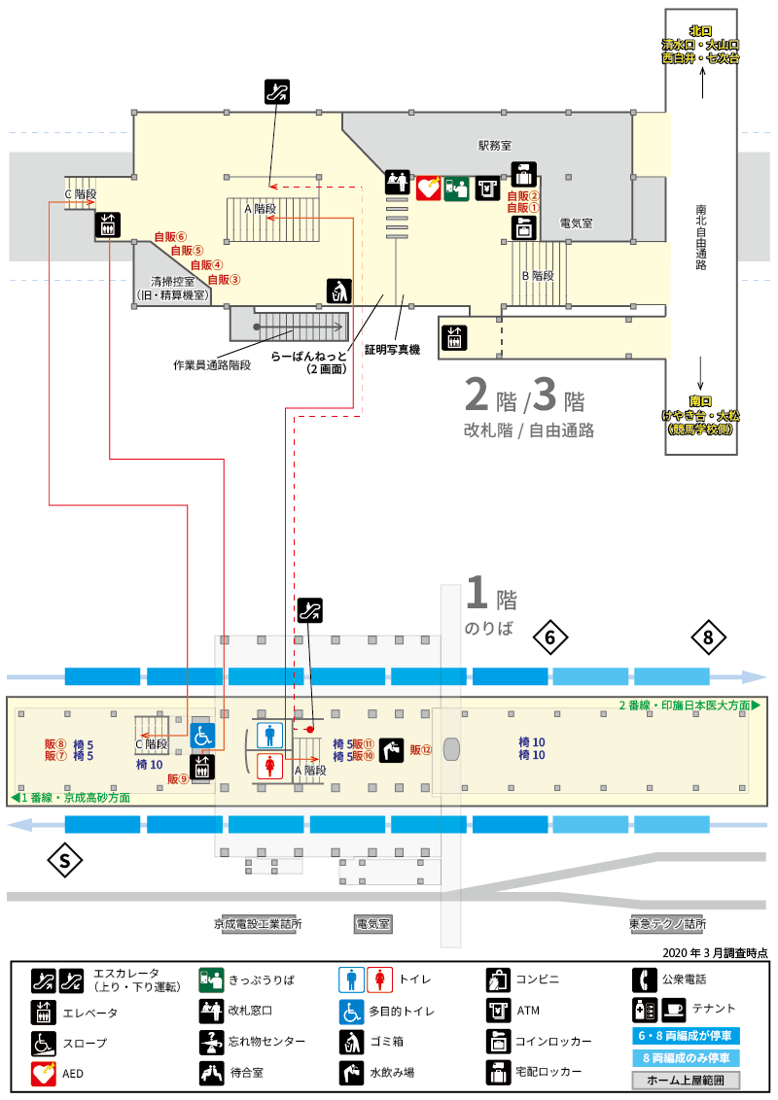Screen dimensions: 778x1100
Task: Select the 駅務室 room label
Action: click(x=495, y=146)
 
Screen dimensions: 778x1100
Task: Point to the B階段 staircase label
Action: click(x=538, y=276)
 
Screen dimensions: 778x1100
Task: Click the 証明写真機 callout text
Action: click(x=392, y=350)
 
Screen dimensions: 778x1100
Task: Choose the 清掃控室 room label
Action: click(x=173, y=281)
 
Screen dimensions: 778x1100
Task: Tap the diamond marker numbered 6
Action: click(x=550, y=637)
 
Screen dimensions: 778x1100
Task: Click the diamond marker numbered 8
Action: click(x=708, y=637)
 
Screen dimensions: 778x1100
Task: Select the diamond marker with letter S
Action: click(x=64, y=860)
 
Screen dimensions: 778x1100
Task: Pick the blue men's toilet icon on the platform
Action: click(x=270, y=736)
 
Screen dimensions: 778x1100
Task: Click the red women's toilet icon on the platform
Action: click(x=270, y=766)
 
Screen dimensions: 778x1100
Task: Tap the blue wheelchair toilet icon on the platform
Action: click(x=202, y=737)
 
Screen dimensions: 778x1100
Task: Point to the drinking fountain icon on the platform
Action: click(x=392, y=750)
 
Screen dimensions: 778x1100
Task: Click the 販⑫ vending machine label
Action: click(x=420, y=750)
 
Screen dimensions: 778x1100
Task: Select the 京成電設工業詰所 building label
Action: click(x=258, y=924)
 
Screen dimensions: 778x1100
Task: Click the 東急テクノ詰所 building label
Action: click(x=668, y=924)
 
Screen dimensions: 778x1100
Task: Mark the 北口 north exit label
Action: click(x=700, y=31)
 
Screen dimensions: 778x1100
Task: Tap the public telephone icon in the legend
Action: click(x=645, y=980)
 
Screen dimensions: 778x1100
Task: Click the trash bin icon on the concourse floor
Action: click(x=339, y=291)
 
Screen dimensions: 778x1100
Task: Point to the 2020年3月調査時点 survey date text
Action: click(x=715, y=952)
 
